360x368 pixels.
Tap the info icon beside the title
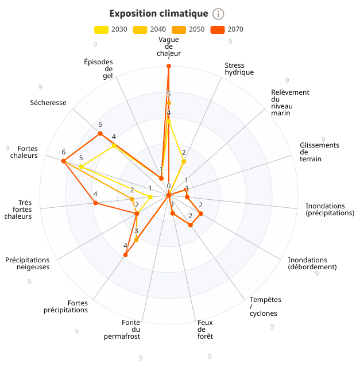tap(218, 14)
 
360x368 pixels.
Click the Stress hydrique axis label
tap(239, 69)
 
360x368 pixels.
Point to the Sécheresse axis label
tap(48, 103)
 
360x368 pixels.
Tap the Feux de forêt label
tap(205, 330)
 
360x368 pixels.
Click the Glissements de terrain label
tap(319, 152)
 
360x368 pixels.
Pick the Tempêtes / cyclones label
tap(265, 307)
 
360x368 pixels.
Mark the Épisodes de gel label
tap(98, 69)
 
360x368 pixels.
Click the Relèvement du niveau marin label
tap(290, 103)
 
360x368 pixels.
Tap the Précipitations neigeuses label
tap(28, 263)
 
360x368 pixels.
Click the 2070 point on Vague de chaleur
tap(169, 67)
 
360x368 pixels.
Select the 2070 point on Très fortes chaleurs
tap(96, 203)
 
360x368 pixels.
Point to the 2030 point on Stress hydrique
tap(184, 162)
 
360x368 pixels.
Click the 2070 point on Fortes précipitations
tap(126, 255)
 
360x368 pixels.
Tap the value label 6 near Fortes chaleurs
tap(64, 152)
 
